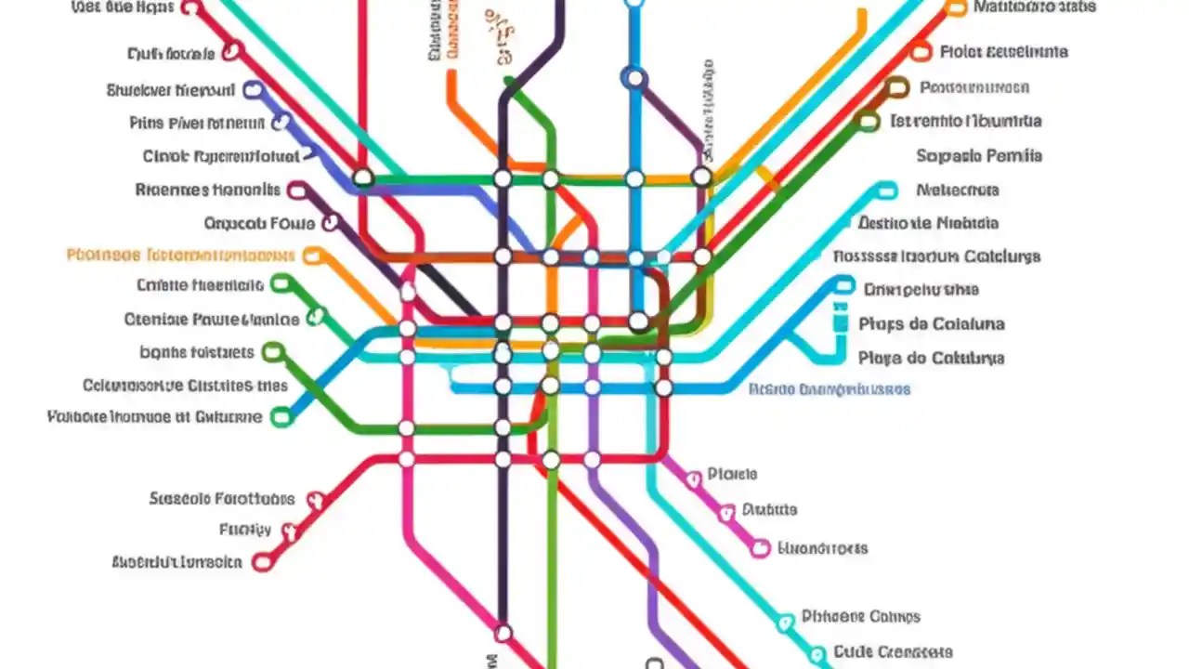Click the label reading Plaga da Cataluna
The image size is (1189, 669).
[x=932, y=324]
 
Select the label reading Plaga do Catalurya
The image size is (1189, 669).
[x=932, y=358]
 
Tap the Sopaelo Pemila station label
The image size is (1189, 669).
[x=979, y=156]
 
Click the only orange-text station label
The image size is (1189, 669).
[x=181, y=255]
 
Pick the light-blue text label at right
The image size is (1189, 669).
[x=830, y=389]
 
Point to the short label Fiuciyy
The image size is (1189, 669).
[x=245, y=530]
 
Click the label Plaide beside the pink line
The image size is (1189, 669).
[x=732, y=474]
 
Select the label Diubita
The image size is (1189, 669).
[x=769, y=509]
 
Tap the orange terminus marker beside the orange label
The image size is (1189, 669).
[x=313, y=256]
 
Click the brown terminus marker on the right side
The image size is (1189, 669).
[x=896, y=88]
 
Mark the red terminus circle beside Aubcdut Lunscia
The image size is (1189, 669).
[x=263, y=561]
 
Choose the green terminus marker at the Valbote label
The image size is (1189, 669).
[x=281, y=417]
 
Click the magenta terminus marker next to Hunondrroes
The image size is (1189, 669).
[x=760, y=548]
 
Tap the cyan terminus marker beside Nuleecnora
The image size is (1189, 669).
[x=887, y=190]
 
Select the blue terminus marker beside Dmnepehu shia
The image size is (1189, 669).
[x=843, y=285]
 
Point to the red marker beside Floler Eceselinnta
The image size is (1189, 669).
[x=921, y=52]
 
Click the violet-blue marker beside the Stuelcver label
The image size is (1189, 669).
[x=252, y=90]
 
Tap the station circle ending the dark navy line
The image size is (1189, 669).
[x=503, y=633]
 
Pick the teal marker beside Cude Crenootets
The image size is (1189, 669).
[x=817, y=653]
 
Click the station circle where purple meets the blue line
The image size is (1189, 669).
[x=635, y=79]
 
